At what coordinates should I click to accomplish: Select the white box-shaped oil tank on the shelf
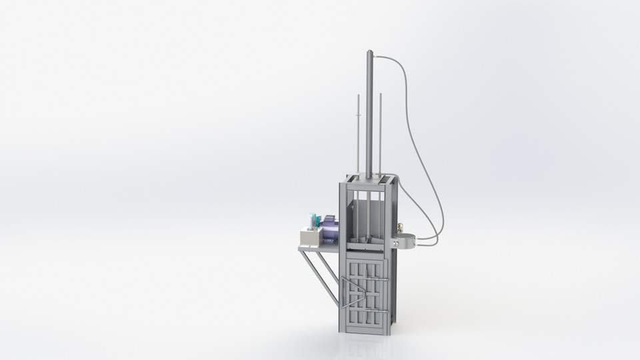pyautogui.click(x=309, y=237)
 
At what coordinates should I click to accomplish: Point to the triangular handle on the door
pyautogui.click(x=349, y=292)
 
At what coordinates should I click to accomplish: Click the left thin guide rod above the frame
pyautogui.click(x=358, y=133)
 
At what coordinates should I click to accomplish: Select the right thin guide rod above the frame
pyautogui.click(x=381, y=133)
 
